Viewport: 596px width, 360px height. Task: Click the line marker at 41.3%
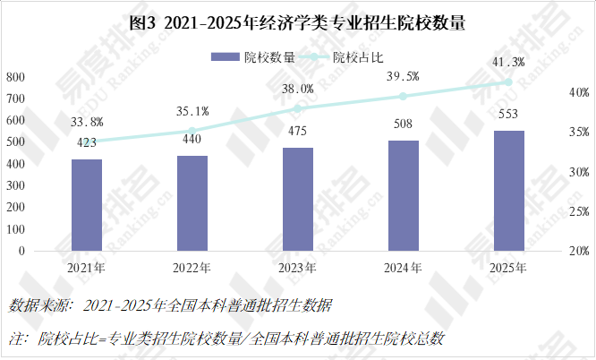[508, 81]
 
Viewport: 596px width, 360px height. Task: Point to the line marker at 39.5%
[403, 96]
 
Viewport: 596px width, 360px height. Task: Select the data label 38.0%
[298, 89]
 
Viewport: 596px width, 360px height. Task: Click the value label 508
[403, 124]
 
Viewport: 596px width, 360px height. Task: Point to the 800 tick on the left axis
[15, 77]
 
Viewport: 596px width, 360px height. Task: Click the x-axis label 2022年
[192, 267]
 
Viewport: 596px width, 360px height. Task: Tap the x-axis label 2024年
[403, 267]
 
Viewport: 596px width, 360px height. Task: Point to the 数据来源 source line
[170, 306]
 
